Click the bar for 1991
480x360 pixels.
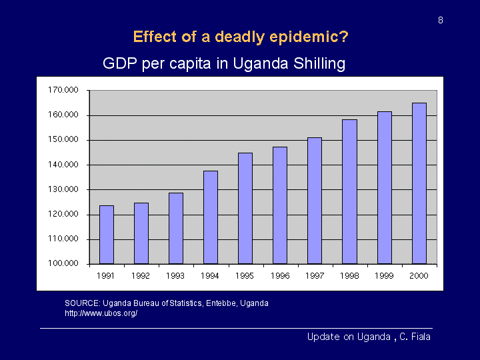coord(107,235)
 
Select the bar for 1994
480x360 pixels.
coord(211,217)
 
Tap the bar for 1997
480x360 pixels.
coord(315,201)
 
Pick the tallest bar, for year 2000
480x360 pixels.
coord(419,183)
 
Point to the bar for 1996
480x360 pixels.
coord(280,205)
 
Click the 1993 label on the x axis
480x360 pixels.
coord(176,275)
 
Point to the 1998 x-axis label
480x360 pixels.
coord(349,275)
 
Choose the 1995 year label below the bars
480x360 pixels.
coord(245,275)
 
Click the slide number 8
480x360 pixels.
coord(441,21)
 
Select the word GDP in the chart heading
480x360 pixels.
coord(117,64)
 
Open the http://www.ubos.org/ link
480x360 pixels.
coord(101,313)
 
